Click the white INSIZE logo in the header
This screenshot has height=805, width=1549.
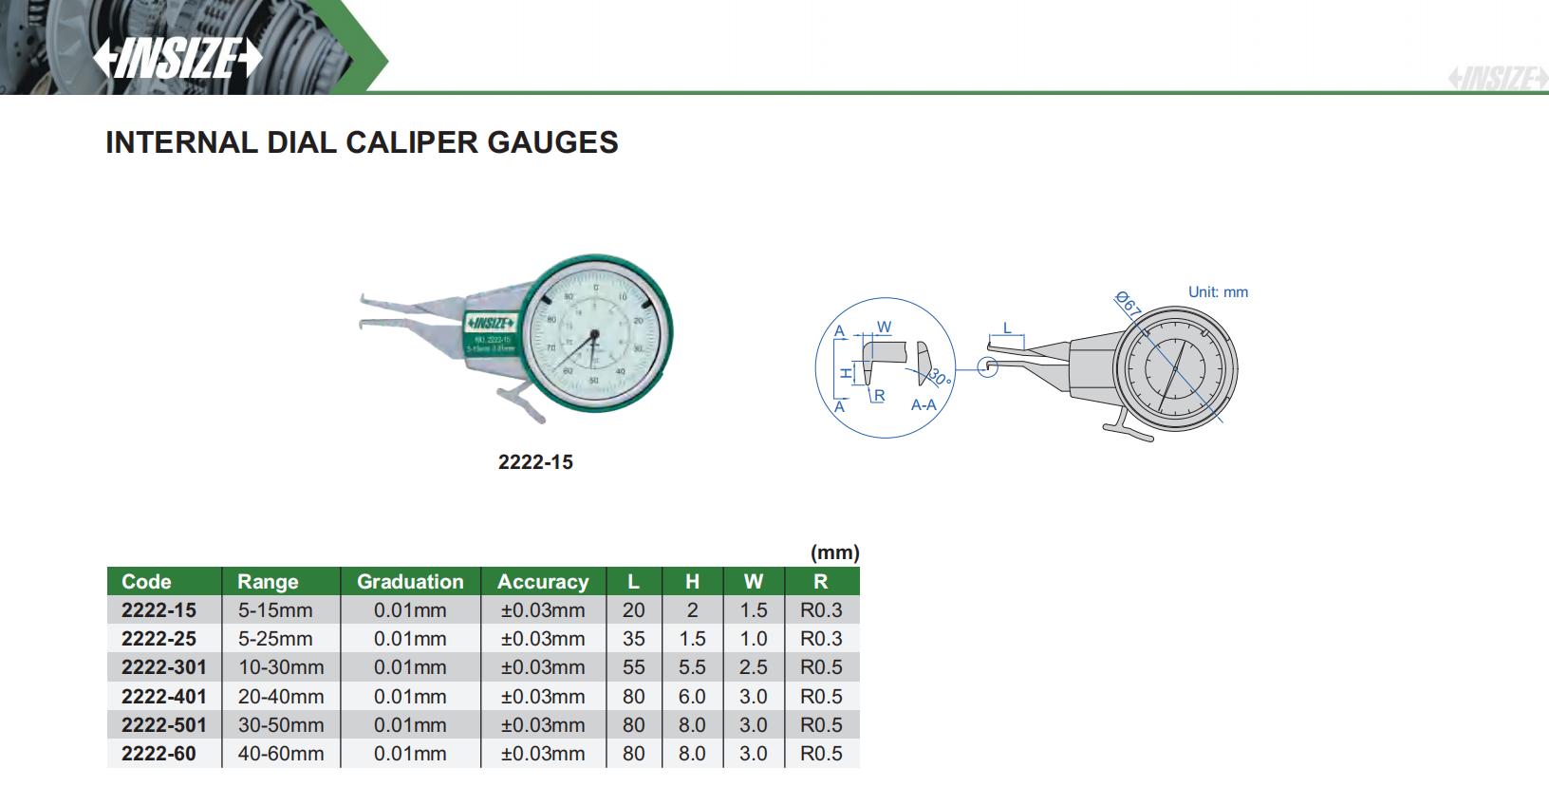coord(177,59)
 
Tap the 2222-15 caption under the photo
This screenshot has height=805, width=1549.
coord(535,462)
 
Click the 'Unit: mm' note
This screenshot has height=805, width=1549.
coord(1218,292)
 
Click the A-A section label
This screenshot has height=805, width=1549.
coord(924,405)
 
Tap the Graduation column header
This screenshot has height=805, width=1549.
coord(410,582)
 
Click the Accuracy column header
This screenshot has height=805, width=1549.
coord(543,582)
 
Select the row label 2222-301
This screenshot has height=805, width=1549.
coord(163,667)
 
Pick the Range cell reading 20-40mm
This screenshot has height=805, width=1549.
coord(281,696)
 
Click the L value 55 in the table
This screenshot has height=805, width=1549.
coord(633,667)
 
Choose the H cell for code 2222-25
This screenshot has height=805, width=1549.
coord(692,639)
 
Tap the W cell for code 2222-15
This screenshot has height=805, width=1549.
coord(753,610)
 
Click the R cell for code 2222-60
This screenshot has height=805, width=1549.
coord(821,754)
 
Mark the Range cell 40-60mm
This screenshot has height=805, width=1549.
coord(281,754)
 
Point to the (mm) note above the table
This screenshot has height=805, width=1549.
coord(834,552)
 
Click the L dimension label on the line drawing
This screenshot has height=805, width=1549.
coord(1007,328)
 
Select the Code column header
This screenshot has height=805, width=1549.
coord(146,582)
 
